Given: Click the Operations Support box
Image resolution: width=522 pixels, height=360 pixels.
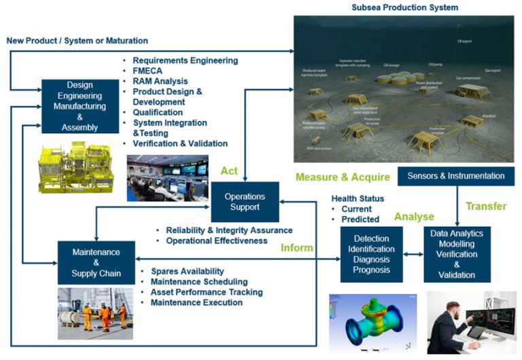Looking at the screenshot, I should coord(245,202).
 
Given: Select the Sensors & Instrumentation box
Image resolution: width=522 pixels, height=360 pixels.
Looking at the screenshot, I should coord(456,176).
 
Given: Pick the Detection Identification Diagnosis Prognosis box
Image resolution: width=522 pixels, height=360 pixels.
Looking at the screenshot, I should coord(371,254).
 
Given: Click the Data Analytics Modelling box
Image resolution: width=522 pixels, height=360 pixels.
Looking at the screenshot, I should coord(457,253).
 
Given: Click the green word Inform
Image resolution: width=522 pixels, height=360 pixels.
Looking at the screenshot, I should coord(297,247).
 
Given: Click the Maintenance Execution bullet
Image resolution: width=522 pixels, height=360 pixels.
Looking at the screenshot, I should coord(196,302).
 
